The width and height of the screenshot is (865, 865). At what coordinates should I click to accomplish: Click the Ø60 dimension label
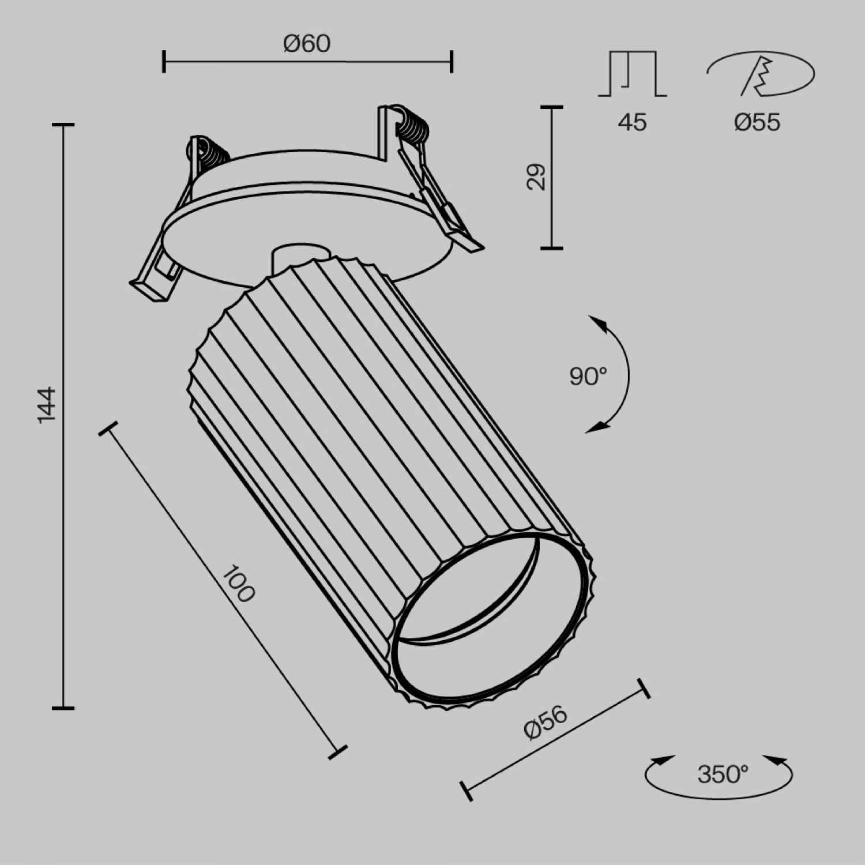[x=307, y=44]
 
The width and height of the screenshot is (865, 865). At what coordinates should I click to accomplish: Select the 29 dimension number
[x=536, y=177]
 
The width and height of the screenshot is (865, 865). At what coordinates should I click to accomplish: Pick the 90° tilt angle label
[x=588, y=377]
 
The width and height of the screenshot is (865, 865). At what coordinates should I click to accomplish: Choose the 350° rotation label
[x=722, y=774]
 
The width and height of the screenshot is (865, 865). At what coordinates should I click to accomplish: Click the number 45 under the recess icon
[x=632, y=122]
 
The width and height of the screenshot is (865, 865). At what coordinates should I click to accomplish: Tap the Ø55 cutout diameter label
[x=757, y=122]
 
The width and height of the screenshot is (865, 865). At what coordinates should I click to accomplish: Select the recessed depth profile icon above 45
[x=633, y=73]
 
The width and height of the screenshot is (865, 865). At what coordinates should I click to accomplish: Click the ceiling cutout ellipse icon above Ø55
[x=760, y=74]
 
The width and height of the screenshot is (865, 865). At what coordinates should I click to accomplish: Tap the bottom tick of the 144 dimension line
[x=63, y=707]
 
